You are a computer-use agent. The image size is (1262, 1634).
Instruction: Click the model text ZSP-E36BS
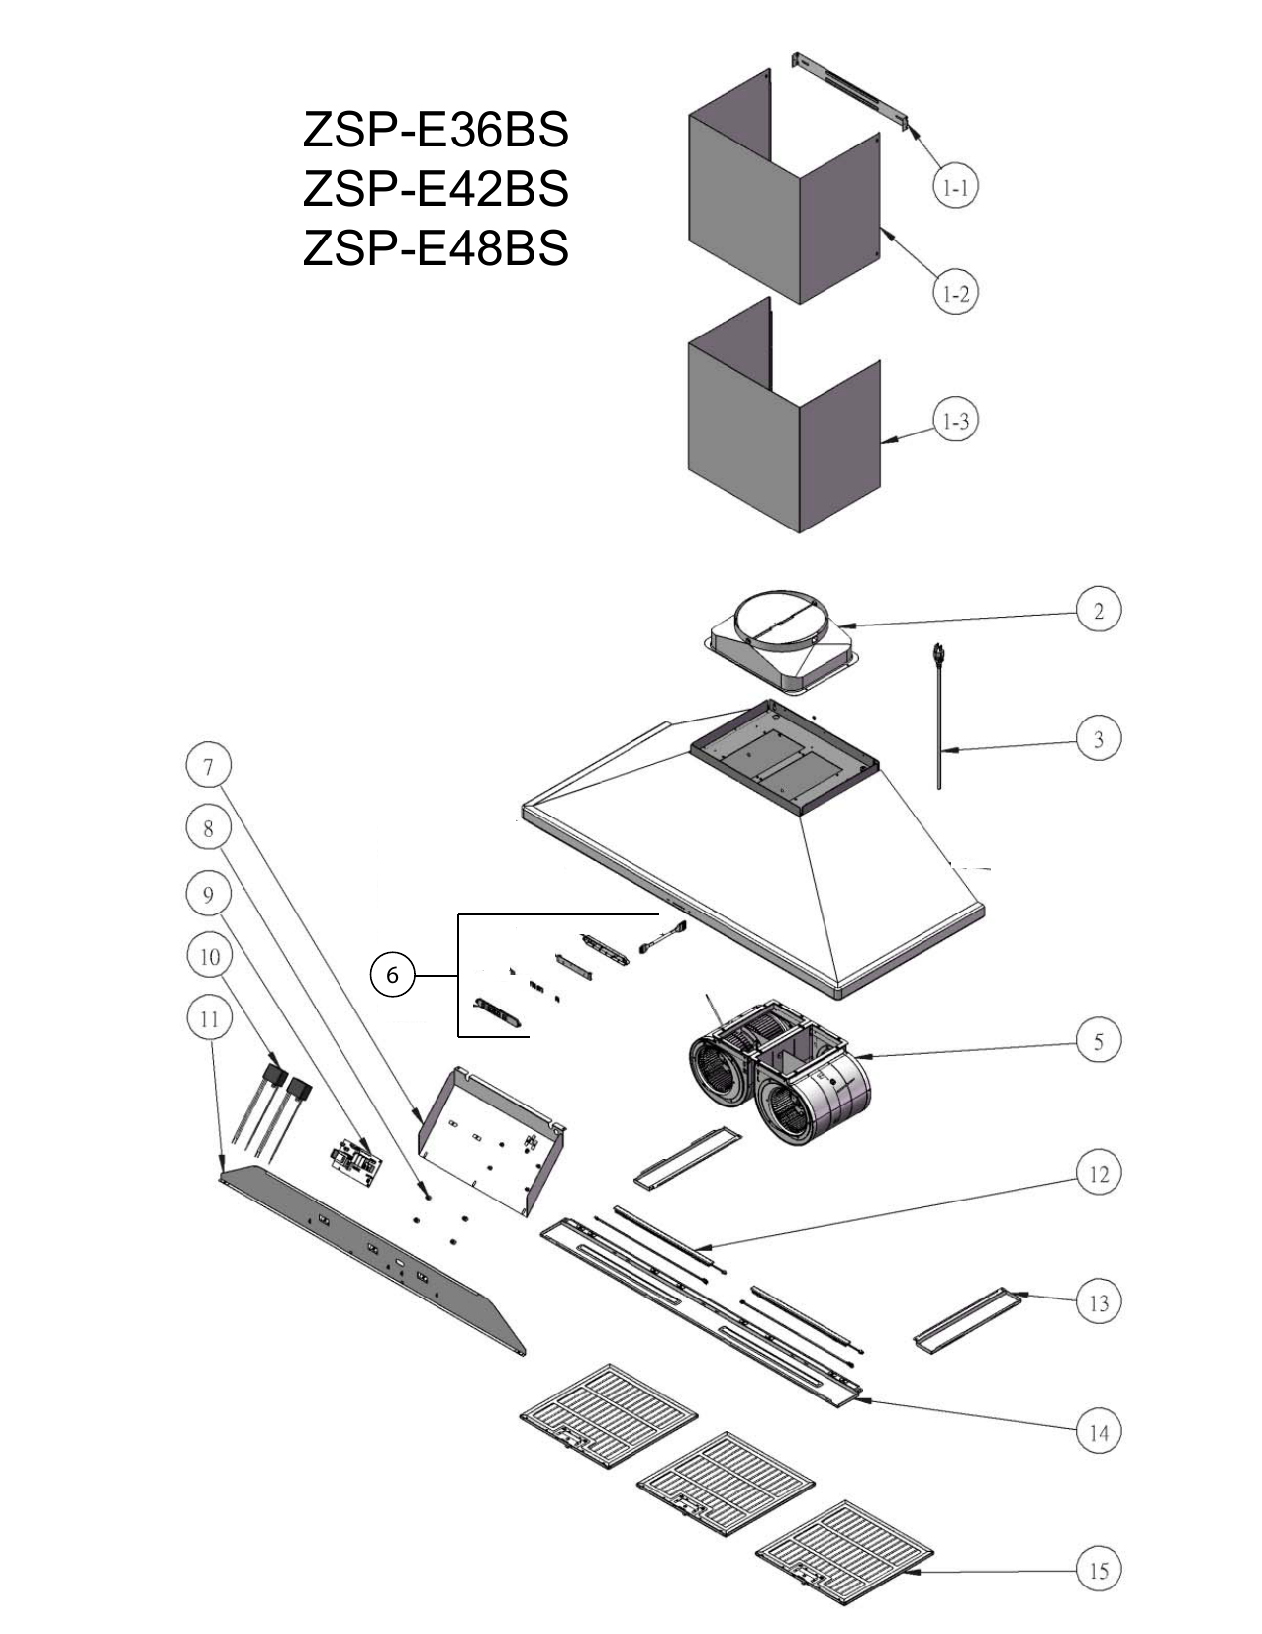436,130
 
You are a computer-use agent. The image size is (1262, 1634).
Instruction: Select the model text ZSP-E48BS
436,247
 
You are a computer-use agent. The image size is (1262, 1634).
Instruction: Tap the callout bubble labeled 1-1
955,186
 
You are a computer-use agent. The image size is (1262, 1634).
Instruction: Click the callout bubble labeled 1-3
955,422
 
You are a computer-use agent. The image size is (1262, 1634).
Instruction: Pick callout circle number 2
1098,611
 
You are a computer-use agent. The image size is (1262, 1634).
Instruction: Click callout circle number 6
392,976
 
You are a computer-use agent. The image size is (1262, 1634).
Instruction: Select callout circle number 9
208,895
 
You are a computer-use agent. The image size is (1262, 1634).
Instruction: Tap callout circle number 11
208,1018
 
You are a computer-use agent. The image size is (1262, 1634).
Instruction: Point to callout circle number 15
1098,1570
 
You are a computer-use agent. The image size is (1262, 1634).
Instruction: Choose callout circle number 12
1098,1175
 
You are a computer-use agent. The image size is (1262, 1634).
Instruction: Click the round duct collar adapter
782,643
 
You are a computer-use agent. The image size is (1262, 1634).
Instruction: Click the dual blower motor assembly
782,1079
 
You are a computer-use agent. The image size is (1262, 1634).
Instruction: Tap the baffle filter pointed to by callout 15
844,1554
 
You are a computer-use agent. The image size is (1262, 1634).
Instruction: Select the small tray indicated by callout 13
966,1317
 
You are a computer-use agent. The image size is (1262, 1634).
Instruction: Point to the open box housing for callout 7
490,1138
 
